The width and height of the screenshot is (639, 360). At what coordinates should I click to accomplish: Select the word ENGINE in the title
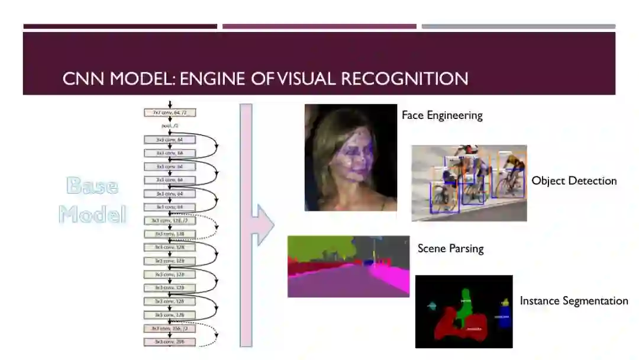(216, 78)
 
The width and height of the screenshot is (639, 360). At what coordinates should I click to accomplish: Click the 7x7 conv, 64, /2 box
(169, 112)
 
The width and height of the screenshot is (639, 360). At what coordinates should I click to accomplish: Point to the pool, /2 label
(169, 126)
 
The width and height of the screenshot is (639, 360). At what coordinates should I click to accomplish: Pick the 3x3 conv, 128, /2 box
(169, 220)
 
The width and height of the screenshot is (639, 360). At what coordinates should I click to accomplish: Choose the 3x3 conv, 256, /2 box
(169, 328)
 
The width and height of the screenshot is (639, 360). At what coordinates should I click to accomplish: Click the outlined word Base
(92, 185)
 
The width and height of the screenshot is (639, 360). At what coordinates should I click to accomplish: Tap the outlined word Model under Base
(92, 213)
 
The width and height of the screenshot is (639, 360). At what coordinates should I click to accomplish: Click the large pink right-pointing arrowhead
(264, 225)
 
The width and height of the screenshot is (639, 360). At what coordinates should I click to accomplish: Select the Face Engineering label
(442, 115)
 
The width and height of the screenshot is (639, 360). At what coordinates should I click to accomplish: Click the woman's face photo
(350, 157)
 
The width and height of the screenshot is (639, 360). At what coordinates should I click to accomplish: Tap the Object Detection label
(573, 181)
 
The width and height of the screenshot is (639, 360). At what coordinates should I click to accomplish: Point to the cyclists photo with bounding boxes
(469, 183)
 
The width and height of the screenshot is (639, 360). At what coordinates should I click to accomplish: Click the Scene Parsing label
(450, 248)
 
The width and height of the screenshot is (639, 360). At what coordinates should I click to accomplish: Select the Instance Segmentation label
(573, 301)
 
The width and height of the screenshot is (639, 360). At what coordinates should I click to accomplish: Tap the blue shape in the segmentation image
(504, 313)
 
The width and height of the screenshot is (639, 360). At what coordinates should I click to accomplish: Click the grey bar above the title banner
(518, 27)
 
